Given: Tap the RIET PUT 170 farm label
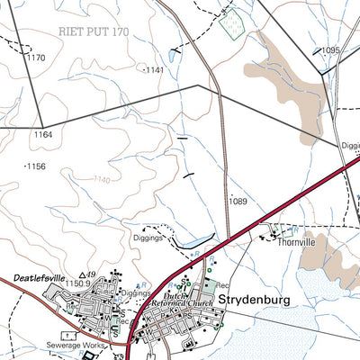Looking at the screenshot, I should click(x=94, y=32).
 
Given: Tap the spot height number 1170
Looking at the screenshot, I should click(x=36, y=58).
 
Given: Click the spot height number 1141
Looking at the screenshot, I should click(x=157, y=69).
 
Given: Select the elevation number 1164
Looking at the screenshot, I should click(x=43, y=135).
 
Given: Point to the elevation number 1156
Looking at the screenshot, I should click(x=36, y=166).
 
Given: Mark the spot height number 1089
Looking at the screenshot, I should click(x=238, y=201).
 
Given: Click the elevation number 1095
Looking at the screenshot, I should click(x=329, y=50).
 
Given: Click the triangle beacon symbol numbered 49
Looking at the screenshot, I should click(x=83, y=274).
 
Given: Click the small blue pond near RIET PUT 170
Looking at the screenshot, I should click(x=173, y=53).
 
